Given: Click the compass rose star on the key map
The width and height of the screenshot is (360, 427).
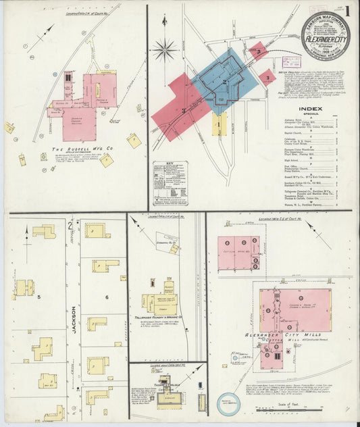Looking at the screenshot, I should pos(164,49).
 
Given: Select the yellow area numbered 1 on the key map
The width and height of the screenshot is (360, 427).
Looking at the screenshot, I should pos(219,124).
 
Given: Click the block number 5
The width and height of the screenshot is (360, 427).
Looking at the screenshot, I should pos(39,297).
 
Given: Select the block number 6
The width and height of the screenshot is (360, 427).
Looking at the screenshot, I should pos(106,297).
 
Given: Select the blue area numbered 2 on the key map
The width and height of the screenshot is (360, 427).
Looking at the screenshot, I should pos(225,82).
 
